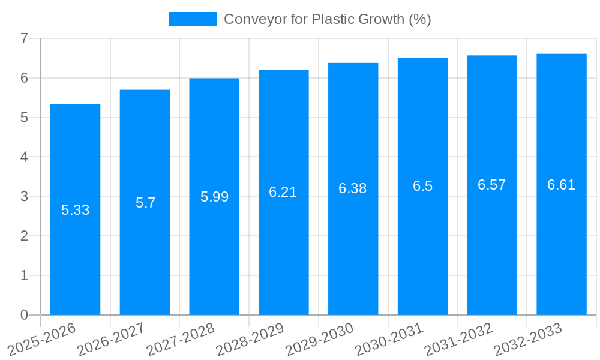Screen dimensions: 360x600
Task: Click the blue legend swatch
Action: [x=192, y=19]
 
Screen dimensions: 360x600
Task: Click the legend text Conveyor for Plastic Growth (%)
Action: [x=327, y=19]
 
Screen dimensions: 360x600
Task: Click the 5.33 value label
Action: [x=75, y=210]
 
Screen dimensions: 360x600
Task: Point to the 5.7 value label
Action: [x=145, y=203]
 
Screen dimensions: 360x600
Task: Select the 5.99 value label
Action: [x=214, y=197]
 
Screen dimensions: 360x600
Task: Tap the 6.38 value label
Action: [x=353, y=188]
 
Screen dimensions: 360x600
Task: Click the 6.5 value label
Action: [x=422, y=186]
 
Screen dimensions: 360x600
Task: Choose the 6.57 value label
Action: [x=492, y=185]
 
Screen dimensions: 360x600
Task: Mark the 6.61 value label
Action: [x=562, y=185]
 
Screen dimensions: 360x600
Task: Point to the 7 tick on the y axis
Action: [x=24, y=38]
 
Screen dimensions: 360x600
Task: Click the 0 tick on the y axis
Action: [x=24, y=315]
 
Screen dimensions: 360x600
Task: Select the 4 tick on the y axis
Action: [x=24, y=157]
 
